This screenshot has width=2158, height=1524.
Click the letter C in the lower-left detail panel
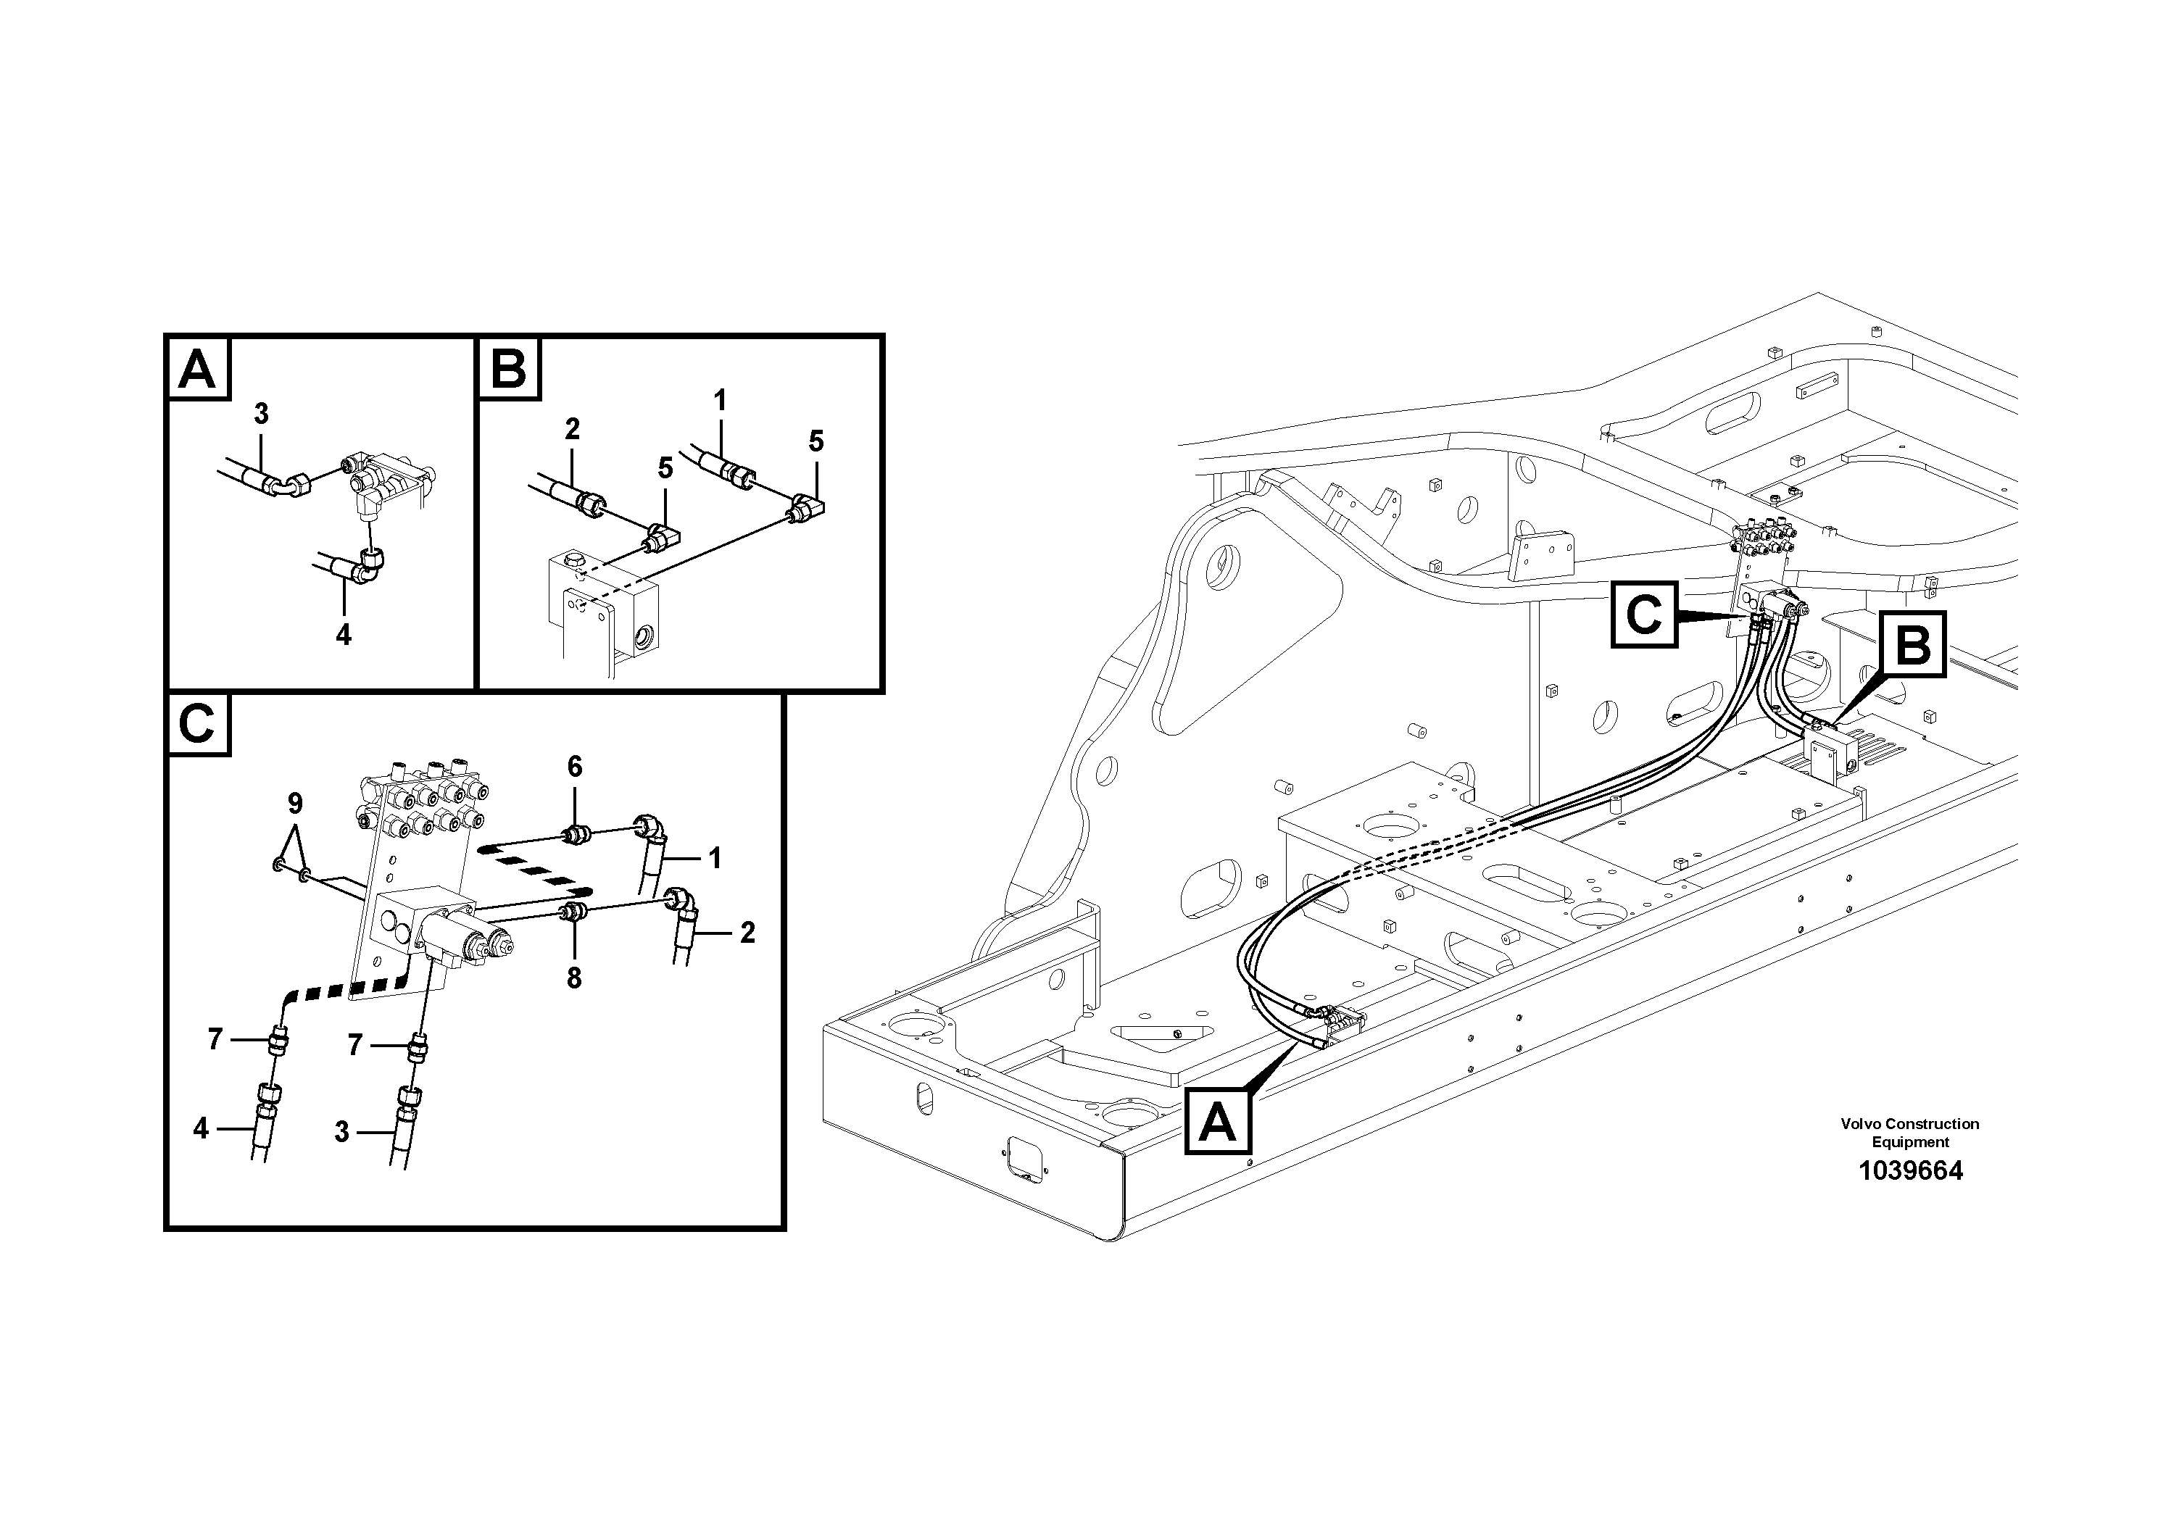(x=197, y=725)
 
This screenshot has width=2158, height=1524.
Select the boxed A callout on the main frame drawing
(x=1218, y=1122)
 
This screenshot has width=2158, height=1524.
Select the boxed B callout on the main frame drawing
(x=1913, y=644)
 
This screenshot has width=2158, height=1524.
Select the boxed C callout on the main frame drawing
(x=1645, y=615)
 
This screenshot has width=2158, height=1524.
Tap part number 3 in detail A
(x=261, y=413)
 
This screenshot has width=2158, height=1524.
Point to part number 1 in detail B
(x=719, y=401)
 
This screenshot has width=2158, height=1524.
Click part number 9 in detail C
(x=295, y=804)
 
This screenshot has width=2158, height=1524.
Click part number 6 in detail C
(x=574, y=767)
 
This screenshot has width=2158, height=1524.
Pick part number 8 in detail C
(x=573, y=979)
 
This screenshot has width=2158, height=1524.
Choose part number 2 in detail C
(x=747, y=933)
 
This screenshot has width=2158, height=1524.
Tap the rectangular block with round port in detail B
(x=603, y=601)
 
